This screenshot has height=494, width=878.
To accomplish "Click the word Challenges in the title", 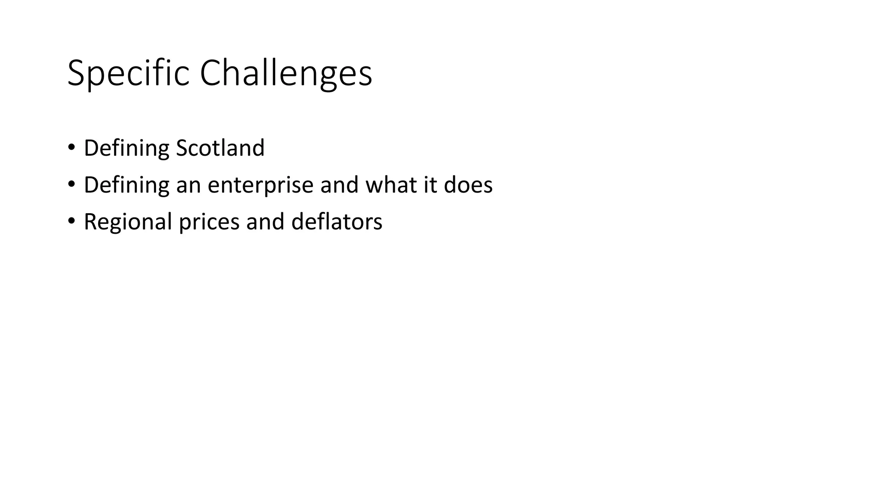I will point(286,74).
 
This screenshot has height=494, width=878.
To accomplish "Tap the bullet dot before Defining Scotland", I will point(71,148).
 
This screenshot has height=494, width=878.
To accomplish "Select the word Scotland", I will point(220,148).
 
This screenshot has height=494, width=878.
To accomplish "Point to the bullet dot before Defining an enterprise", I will point(71,184).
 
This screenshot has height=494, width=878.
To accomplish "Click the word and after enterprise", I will point(339,185).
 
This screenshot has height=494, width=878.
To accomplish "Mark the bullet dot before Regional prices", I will point(71,221).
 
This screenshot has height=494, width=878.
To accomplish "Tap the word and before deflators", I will point(265,222).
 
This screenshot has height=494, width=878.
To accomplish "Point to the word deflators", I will point(337,222).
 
